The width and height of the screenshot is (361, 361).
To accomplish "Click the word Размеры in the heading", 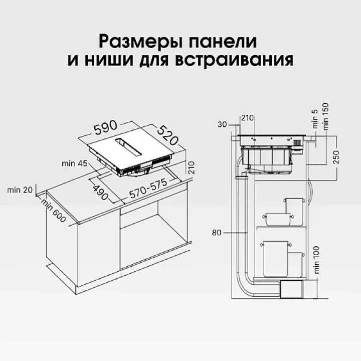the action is (140, 42).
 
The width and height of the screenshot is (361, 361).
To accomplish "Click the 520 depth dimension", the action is (168, 135).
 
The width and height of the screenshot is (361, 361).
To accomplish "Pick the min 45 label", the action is (75, 163).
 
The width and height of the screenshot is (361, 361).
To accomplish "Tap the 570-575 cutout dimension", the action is (148, 189).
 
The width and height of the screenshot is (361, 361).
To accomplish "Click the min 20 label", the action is (20, 190).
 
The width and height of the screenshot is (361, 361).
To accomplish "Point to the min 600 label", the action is (54, 211).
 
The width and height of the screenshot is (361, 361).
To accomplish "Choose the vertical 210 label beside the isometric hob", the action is (192, 167).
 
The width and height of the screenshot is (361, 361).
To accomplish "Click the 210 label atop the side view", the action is (247, 118).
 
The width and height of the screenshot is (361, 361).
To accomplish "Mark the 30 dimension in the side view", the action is (222, 124).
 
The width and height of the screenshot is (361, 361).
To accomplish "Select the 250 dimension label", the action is (336, 157).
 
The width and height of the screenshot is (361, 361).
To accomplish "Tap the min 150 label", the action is (326, 117).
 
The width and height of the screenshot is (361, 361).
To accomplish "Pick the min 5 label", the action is (315, 119).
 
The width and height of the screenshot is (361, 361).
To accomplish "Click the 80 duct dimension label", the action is (217, 233).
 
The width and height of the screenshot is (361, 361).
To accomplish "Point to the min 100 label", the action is (316, 260).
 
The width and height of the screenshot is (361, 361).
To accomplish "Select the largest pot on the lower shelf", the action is (276, 259).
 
